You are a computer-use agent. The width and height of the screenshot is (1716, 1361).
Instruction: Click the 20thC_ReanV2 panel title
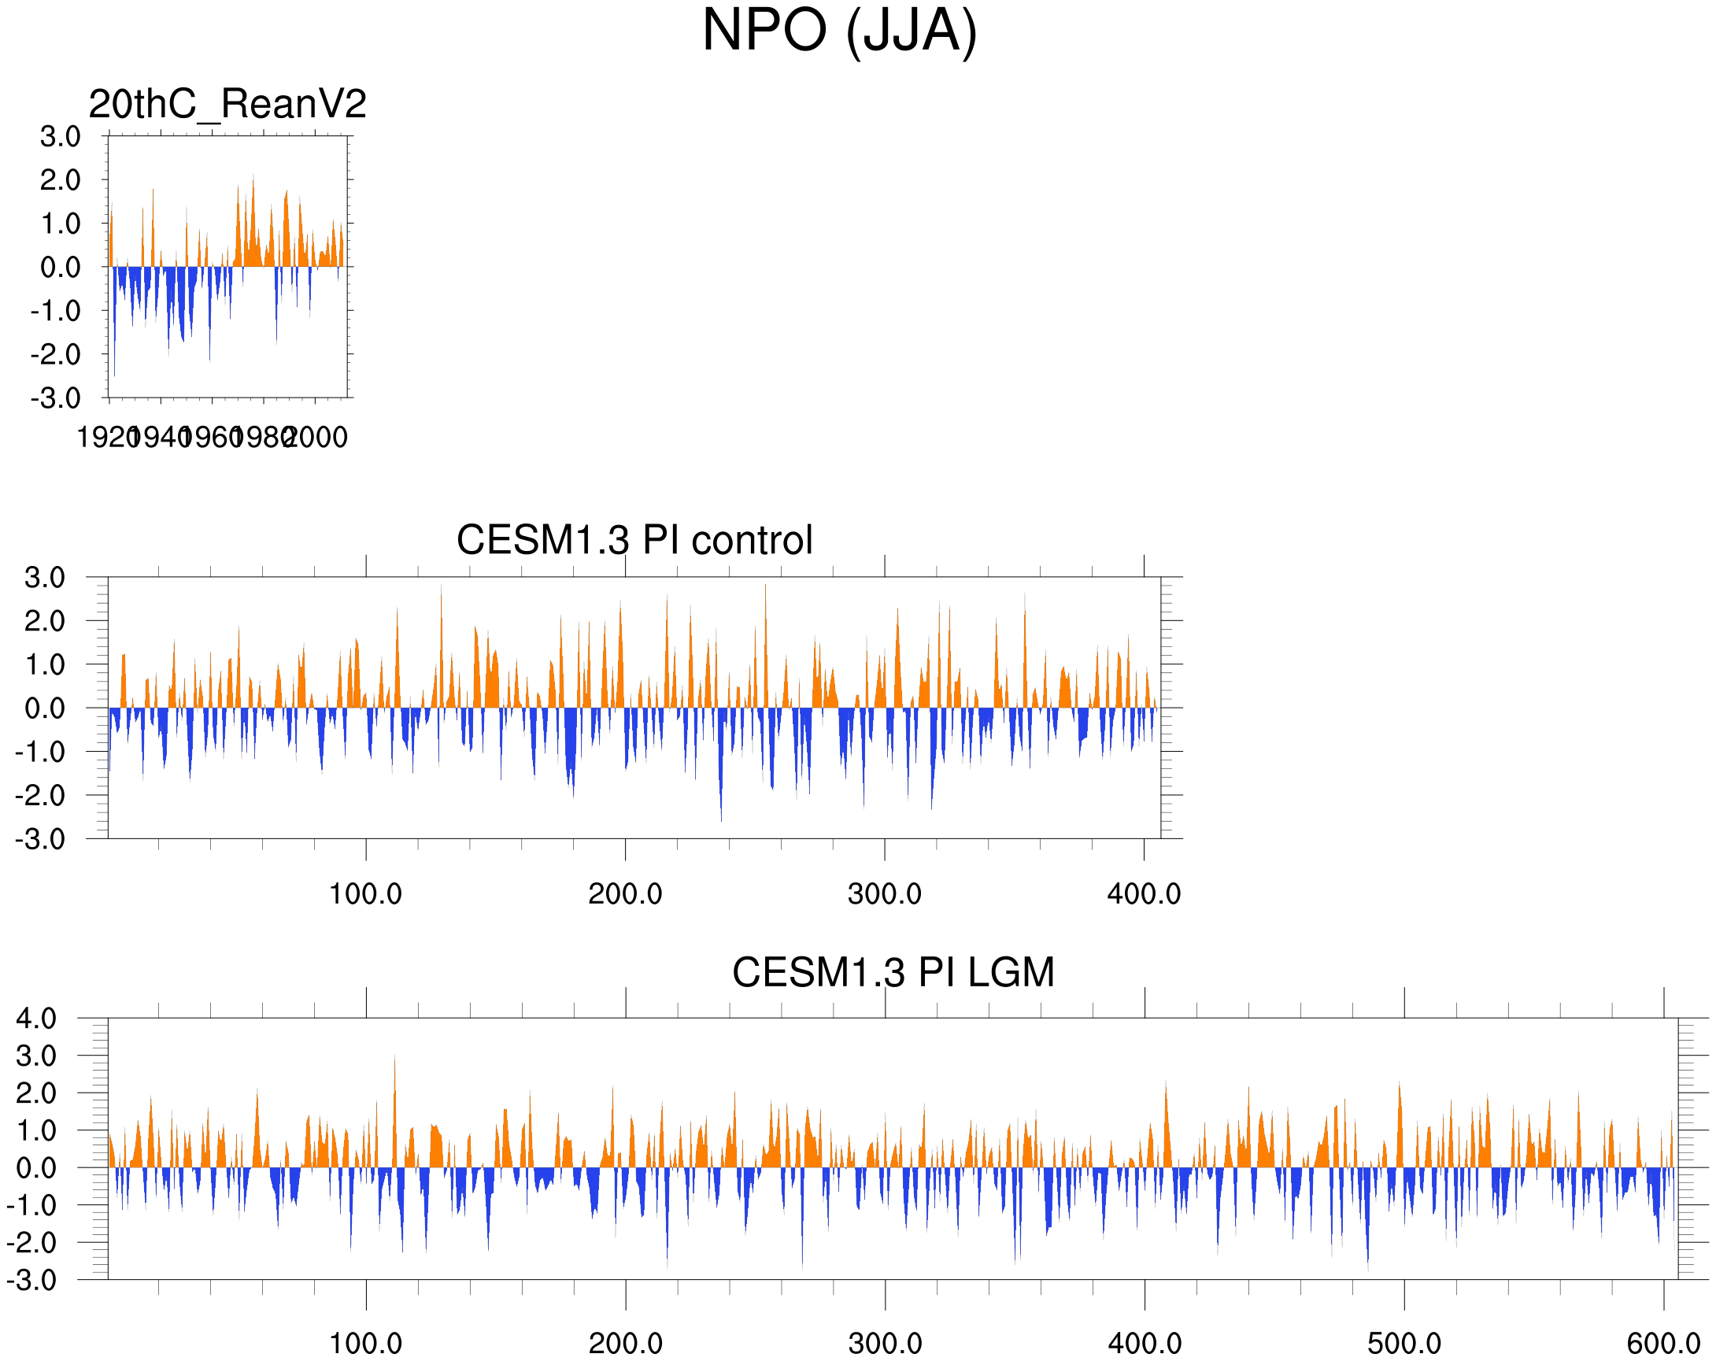click(227, 104)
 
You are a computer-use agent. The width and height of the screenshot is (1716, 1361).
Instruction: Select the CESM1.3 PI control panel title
click(634, 541)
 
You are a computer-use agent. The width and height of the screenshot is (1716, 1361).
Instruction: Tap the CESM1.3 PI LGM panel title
click(893, 973)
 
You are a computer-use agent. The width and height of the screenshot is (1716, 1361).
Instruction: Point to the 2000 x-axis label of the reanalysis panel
click(316, 438)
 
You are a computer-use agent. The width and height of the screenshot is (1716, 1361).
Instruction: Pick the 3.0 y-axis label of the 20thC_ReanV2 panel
click(61, 137)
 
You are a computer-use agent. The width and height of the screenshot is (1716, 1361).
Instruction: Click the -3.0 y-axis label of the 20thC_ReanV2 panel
click(56, 398)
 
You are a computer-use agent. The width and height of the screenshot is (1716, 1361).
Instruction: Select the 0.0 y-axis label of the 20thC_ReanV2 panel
click(61, 268)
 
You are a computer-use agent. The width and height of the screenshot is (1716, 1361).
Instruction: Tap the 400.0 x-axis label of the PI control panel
click(1144, 894)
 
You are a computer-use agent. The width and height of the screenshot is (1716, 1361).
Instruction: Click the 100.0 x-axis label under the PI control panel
click(365, 894)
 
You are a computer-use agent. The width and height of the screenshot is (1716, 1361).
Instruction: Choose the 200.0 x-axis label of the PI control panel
click(625, 894)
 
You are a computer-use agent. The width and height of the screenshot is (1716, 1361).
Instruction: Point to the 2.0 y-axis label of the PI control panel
click(45, 622)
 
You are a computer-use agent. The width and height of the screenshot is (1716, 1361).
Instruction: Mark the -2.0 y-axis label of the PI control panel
click(40, 795)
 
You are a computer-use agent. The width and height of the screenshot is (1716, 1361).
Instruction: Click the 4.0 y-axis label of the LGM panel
click(37, 1019)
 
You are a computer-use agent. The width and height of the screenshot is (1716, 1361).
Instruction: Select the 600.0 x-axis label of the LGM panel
click(1663, 1344)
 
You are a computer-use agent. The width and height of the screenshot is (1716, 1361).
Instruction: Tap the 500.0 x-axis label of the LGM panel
click(1404, 1344)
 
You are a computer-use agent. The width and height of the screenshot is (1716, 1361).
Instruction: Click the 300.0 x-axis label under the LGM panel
click(885, 1344)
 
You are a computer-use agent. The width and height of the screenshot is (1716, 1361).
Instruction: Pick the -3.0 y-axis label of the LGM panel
click(31, 1281)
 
